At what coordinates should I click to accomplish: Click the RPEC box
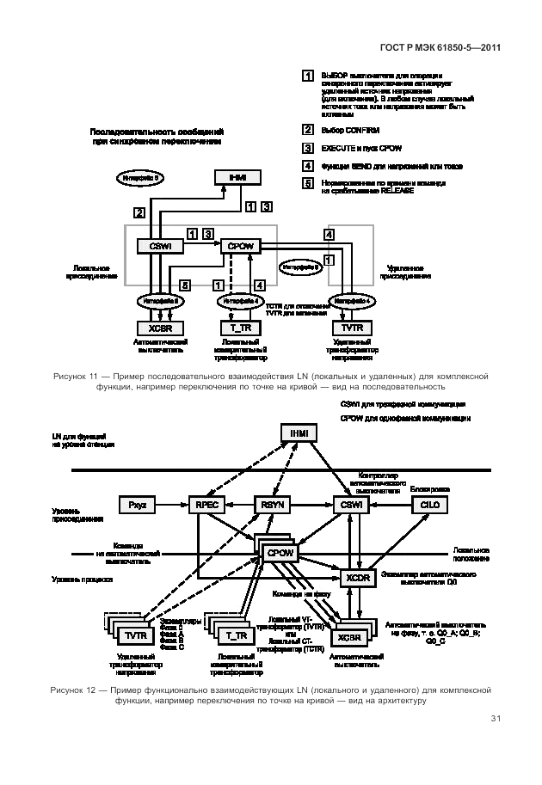(x=206, y=506)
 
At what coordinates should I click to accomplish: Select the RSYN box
(x=272, y=506)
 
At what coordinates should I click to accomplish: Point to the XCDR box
(x=358, y=578)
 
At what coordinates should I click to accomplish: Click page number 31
(x=496, y=720)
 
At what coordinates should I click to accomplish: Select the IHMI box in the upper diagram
(x=237, y=177)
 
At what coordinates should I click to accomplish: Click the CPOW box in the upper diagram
(x=239, y=246)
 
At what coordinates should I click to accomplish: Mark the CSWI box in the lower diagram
(x=349, y=506)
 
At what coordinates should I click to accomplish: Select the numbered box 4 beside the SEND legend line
(x=307, y=166)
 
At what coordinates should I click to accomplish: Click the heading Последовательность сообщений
(x=157, y=131)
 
